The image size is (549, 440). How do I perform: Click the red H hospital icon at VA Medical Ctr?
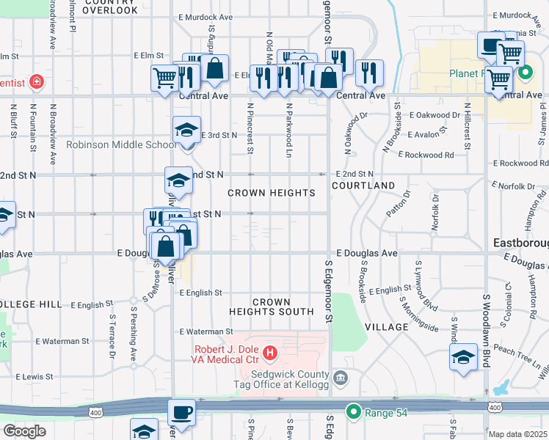coord(269,354)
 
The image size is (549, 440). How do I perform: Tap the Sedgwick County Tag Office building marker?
coord(339,378)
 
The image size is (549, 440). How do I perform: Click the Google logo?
coord(24,431)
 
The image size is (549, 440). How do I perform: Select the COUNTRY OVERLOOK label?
coord(109,7)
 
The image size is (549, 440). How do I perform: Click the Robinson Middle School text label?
coord(121,144)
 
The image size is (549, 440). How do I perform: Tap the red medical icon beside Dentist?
coord(36,81)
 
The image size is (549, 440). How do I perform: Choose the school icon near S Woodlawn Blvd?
coord(464,357)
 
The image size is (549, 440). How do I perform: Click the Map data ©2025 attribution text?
coord(517,434)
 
